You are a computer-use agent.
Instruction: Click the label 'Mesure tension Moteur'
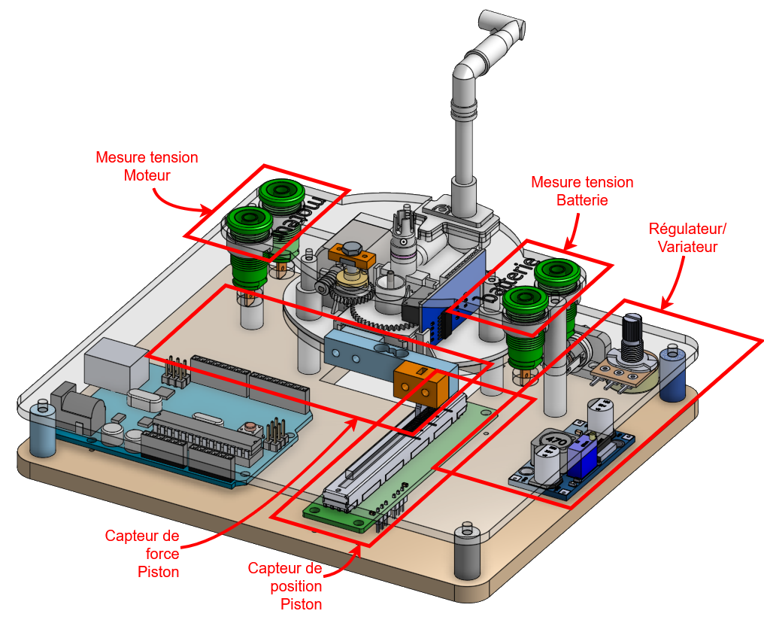click(x=147, y=166)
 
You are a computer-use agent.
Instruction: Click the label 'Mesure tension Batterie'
click(x=582, y=191)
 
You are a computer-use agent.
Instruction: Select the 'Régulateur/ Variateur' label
click(x=688, y=237)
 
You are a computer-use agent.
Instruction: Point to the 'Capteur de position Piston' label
click(x=285, y=586)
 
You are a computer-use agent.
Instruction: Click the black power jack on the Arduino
click(x=79, y=406)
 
